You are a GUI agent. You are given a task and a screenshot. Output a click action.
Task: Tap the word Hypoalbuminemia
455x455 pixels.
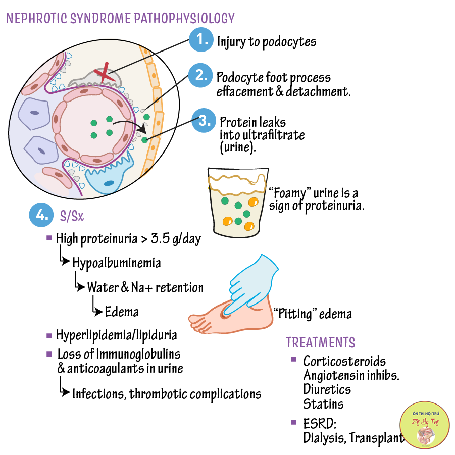point(117,263)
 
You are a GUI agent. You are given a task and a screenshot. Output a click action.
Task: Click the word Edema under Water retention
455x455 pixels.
point(122,312)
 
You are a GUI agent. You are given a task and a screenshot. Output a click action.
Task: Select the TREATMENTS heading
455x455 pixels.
point(321,342)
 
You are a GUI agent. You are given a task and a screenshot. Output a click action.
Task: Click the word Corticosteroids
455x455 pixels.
point(344,362)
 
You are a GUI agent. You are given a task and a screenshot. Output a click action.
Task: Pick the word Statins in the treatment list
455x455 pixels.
point(323,404)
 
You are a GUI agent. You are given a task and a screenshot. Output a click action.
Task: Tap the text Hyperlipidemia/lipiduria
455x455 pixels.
point(117,335)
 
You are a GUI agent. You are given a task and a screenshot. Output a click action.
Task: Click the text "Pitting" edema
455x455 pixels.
point(312,314)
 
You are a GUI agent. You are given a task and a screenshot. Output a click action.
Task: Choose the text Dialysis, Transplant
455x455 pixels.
point(353,438)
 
